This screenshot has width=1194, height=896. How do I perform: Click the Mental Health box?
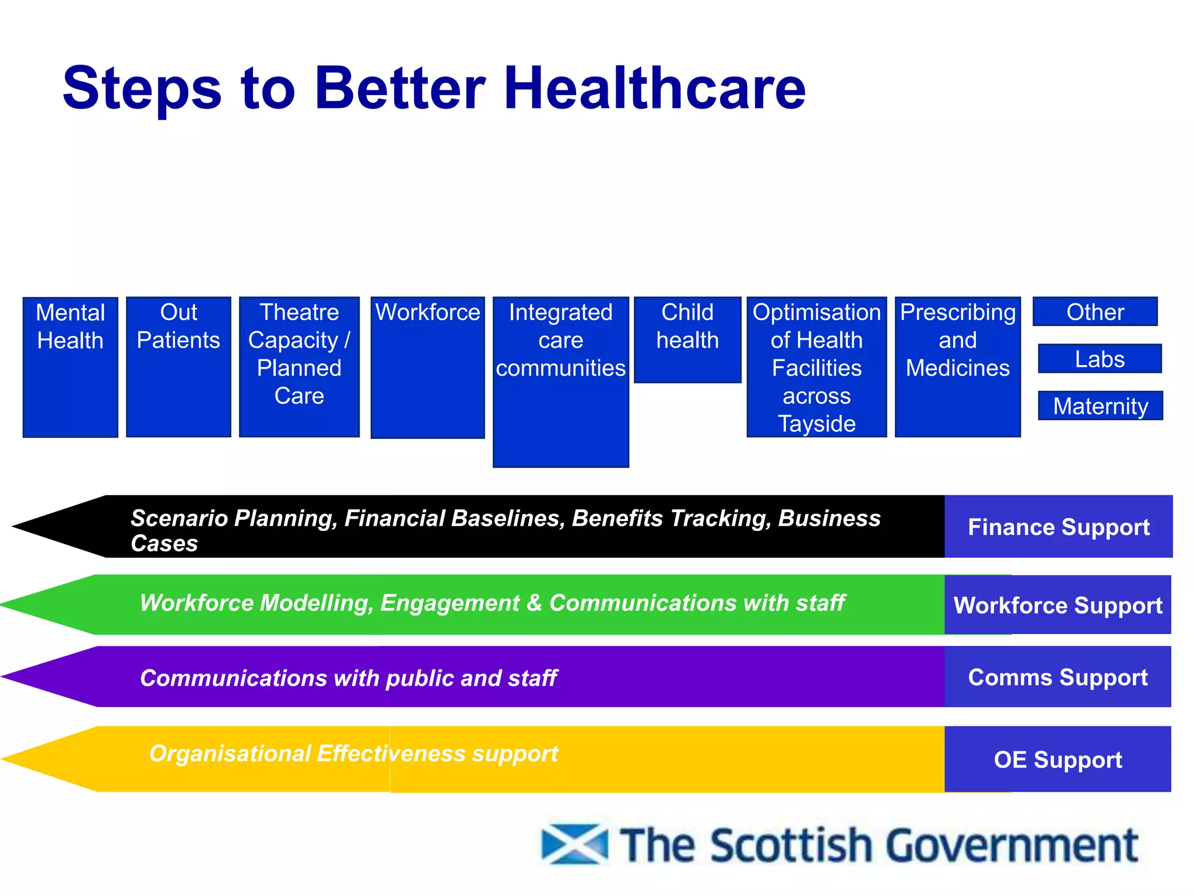[x=71, y=366]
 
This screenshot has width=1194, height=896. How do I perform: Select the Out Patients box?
[x=178, y=366]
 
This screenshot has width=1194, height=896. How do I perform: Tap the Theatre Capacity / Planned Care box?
[x=299, y=366]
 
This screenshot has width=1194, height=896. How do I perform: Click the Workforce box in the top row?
[x=428, y=367]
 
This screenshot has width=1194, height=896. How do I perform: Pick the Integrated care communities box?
[x=561, y=381]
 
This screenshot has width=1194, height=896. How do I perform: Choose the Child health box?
[x=687, y=339]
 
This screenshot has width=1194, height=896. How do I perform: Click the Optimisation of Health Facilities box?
[x=816, y=366]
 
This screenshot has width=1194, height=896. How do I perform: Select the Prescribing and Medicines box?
[x=958, y=366]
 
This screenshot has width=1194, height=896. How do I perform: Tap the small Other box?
[x=1095, y=311]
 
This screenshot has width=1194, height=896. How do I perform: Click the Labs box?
[x=1100, y=358]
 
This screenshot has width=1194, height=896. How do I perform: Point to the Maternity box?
[x=1100, y=405]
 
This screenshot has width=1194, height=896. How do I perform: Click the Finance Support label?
[x=1058, y=527]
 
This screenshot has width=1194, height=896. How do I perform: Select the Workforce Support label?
[x=1058, y=605]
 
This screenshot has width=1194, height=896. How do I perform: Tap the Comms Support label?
[x=1058, y=677]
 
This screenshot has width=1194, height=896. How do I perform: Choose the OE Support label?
[x=1058, y=759]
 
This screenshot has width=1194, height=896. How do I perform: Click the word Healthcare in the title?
[x=655, y=88]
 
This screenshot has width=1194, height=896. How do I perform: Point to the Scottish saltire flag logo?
[x=574, y=844]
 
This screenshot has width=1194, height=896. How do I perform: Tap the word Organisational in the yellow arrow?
[x=230, y=753]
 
